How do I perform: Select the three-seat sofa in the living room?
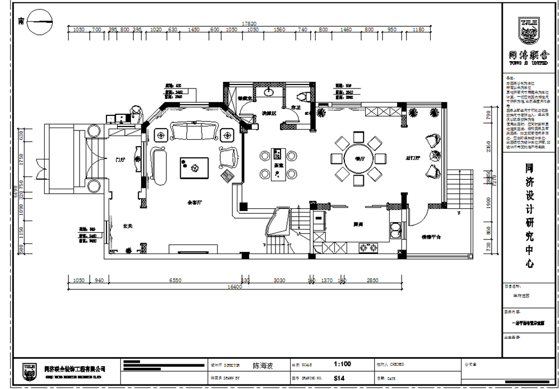click(x=193, y=132)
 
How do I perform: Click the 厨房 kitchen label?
click(x=358, y=224)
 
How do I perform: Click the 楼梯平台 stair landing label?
click(x=431, y=237)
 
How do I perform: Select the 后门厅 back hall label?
click(x=413, y=159)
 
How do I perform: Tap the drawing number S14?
click(x=339, y=378)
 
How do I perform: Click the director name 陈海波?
click(x=263, y=365)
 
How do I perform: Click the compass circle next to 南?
click(x=41, y=22)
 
